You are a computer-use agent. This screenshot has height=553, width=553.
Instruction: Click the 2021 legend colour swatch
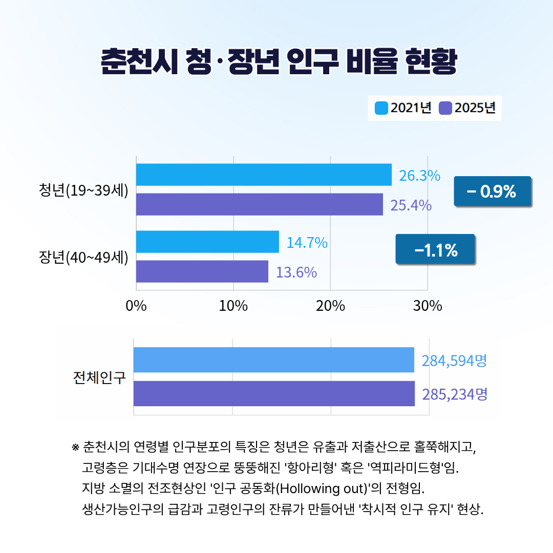[381, 108]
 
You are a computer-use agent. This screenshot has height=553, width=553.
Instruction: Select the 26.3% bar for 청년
[264, 175]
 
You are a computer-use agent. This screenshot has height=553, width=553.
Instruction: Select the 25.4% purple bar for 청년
[259, 204]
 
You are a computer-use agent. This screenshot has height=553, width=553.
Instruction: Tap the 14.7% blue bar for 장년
[207, 242]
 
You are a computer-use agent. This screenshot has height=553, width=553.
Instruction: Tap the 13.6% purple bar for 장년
[202, 271]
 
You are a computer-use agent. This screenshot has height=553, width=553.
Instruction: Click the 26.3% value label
[419, 176]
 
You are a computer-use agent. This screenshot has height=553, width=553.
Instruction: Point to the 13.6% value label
[296, 272]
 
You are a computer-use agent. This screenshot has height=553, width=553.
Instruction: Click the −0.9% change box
[492, 192]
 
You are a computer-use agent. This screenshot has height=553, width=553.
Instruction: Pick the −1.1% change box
[435, 249]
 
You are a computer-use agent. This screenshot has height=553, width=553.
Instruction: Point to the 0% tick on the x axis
[136, 306]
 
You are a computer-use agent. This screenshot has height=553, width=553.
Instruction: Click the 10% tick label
[233, 306]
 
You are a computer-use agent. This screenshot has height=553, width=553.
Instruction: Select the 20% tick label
[330, 306]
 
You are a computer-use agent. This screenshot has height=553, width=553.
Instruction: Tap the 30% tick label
[428, 306]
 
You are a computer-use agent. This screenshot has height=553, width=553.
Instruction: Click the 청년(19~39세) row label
[83, 189]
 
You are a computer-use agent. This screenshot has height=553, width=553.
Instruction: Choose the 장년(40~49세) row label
[83, 257]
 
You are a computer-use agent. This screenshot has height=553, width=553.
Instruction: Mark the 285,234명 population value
[454, 394]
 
